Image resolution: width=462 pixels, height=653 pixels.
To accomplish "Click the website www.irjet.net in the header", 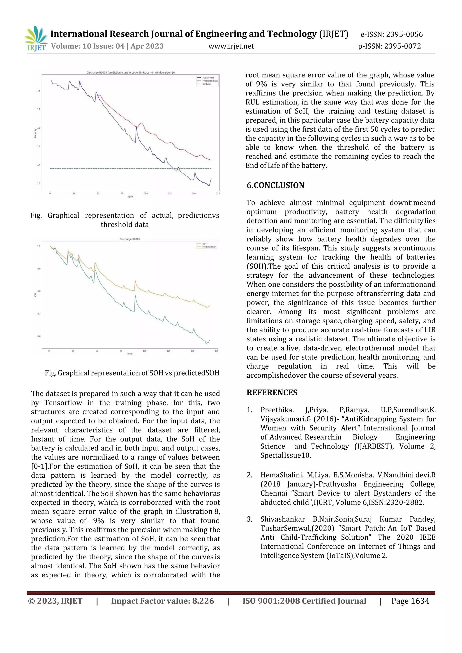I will point(231,46).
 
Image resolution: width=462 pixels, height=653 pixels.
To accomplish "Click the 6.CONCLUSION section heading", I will point(275,185).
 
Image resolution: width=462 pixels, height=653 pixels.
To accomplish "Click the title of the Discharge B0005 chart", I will point(131,73).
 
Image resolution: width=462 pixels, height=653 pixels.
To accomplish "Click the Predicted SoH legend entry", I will point(209,247).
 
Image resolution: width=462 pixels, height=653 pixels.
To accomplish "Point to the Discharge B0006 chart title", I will point(130,239).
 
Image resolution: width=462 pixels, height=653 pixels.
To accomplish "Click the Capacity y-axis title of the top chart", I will point(35,133).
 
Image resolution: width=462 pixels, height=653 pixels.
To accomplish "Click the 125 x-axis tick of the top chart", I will point(170,194).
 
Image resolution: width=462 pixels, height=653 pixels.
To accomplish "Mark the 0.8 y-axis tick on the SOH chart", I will point(39,291).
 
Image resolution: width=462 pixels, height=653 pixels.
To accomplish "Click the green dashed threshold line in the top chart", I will point(114,169).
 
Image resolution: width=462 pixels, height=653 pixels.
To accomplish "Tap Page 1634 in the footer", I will point(410,601).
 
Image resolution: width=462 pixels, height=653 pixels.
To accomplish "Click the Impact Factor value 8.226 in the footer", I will point(203,601).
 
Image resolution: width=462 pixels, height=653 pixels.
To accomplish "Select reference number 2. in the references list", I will point(249,475).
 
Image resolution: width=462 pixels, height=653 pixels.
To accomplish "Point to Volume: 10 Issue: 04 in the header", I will point(87,46).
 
